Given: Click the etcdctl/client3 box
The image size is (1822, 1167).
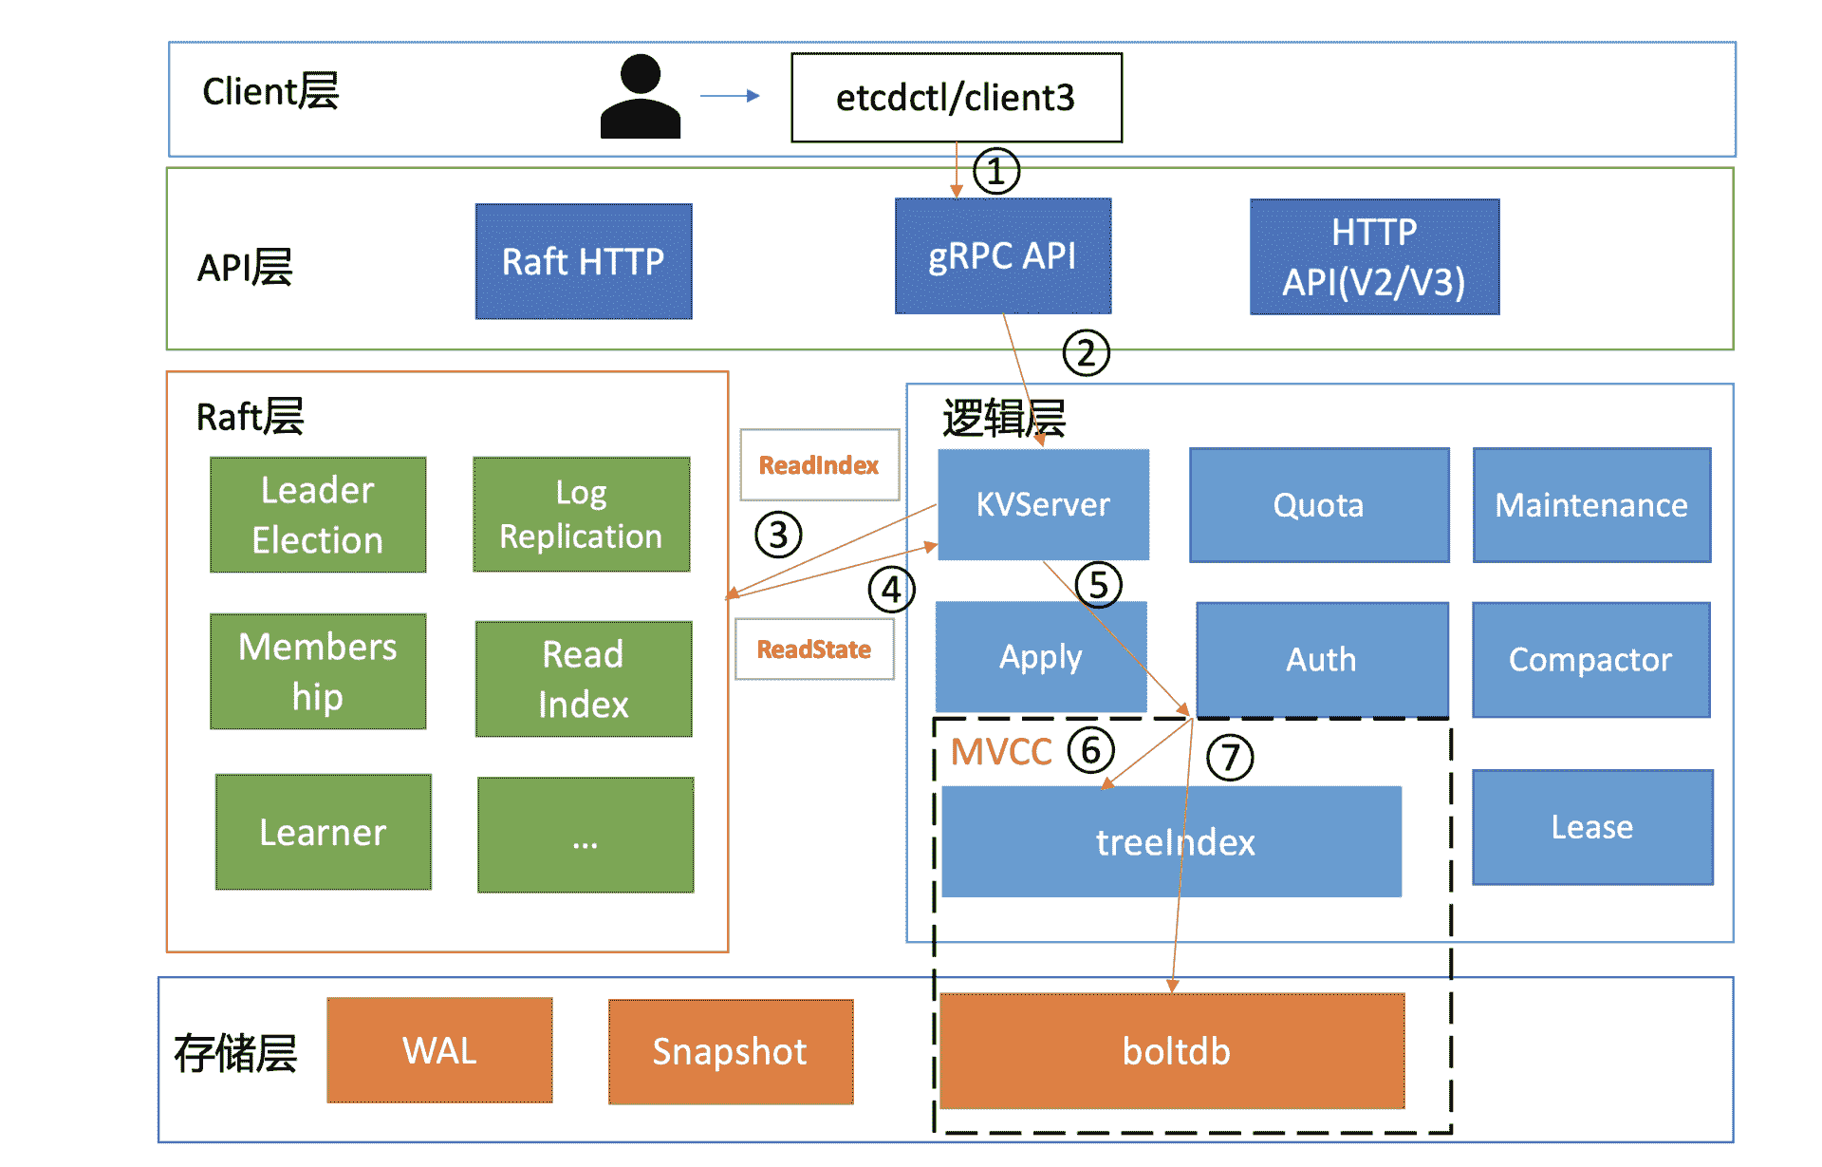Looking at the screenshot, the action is point(957,98).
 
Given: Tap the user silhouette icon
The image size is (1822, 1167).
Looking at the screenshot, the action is point(641,96).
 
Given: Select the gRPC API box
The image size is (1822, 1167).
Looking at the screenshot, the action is point(1003,256).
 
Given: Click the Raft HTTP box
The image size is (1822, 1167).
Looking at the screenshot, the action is point(584,261).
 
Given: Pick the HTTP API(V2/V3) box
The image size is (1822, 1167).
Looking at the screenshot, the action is point(1375,256).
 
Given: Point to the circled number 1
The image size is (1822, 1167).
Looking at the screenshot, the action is point(995,172).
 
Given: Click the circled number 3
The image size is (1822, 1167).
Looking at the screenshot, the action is point(778,535).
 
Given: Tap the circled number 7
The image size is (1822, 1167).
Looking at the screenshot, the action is point(1230,758).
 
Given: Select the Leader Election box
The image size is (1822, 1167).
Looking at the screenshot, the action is point(318,515).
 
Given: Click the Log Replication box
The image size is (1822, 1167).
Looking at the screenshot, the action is point(582,515).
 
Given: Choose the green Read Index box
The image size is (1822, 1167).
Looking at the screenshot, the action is point(584,679).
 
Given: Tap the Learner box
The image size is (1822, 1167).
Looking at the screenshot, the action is point(324,832).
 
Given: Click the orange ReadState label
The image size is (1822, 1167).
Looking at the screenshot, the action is point(814,649).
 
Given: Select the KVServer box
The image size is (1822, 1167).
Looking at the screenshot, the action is point(1043,504).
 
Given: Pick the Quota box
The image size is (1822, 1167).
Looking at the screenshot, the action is point(1319,505).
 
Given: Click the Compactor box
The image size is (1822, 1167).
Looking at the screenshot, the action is point(1591,660).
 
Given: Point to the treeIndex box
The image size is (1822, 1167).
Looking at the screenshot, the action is point(1172,841).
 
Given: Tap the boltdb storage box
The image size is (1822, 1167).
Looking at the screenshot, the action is point(1173,1051).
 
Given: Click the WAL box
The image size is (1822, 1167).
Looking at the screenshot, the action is point(440,1050).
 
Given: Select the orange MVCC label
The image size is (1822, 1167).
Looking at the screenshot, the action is point(1001,752).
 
